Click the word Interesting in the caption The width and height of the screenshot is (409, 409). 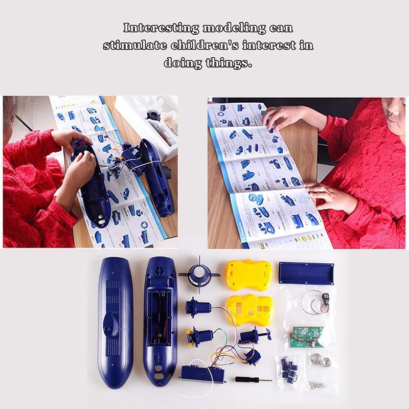click(161, 28)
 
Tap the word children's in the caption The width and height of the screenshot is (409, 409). click(204, 45)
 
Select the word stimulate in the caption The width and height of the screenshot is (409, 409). click(134, 46)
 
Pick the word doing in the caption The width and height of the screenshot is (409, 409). click(183, 63)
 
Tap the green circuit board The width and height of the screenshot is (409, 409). click(308, 336)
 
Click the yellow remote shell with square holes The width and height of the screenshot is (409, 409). click(249, 310)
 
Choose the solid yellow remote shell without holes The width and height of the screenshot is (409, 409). click(248, 275)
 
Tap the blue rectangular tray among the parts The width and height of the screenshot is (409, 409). click(306, 273)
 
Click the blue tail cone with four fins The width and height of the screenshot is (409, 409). click(199, 275)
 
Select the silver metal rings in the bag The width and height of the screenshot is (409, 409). click(321, 360)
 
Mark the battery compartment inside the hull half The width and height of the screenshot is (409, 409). click(159, 317)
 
